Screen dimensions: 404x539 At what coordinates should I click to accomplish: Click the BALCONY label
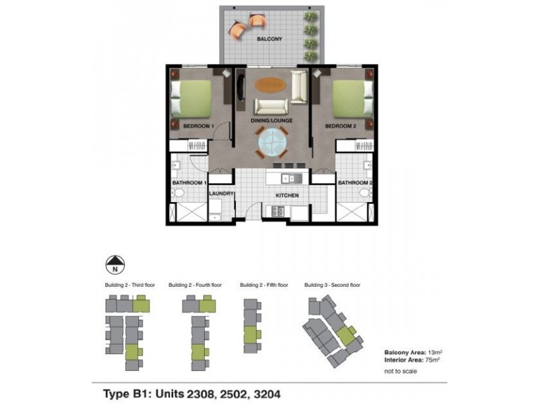pos(269,40)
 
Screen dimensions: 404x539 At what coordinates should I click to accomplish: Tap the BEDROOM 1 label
pos(199,126)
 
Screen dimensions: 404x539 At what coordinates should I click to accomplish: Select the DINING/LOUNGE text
pos(272,121)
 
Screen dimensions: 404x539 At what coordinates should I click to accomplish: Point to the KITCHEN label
pos(286,196)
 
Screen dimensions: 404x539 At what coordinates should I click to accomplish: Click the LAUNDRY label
pos(222,194)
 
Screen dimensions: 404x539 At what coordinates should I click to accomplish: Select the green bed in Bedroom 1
pos(191,99)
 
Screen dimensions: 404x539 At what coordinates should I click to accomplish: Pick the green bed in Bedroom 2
pos(350,99)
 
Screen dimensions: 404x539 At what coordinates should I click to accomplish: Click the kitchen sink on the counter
pos(291,178)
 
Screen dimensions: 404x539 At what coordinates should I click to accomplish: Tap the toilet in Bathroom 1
pos(178,194)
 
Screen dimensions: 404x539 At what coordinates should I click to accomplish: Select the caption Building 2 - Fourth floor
pos(195,285)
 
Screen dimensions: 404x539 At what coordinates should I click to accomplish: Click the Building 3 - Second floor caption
pos(332,285)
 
